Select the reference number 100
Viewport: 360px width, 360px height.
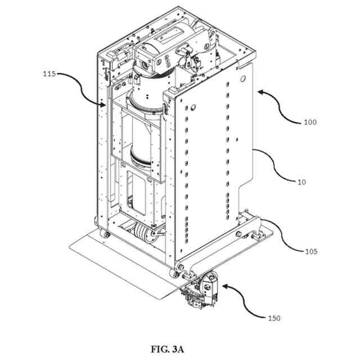pos(310,121)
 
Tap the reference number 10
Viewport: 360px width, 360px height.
pos(301,181)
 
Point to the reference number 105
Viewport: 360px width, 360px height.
pos(310,251)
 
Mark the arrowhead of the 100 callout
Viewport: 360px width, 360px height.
pos(258,89)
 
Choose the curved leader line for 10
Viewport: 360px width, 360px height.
pos(276,166)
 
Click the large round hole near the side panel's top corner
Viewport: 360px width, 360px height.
pos(242,77)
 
